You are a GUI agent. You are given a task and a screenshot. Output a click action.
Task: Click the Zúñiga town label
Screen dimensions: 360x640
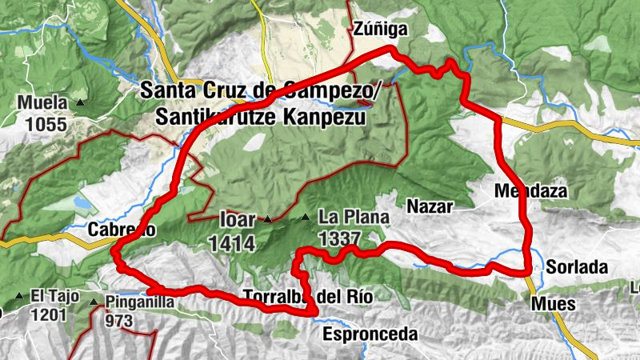pos(381,30)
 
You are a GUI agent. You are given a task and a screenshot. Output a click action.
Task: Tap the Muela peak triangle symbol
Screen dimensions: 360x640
pos(81,103)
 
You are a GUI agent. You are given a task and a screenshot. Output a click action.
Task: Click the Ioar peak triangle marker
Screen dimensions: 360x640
pos(268,218)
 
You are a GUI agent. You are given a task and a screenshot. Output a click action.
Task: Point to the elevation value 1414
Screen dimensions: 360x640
pos(233,242)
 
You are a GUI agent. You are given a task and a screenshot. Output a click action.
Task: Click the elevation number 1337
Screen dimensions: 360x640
pos(338,238)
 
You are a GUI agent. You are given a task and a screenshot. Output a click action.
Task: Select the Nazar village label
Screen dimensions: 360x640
pos(430,206)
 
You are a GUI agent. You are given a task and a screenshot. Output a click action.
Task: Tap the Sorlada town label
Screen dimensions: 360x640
pos(578,266)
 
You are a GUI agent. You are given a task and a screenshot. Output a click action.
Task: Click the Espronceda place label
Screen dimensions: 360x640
pos(370,334)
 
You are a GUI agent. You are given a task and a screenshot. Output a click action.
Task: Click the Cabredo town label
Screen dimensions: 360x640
pos(122,230)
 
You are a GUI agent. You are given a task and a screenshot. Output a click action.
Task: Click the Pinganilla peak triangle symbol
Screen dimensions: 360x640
pos(94,302)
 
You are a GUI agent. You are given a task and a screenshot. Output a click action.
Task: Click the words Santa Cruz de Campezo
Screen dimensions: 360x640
pos(257,90)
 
